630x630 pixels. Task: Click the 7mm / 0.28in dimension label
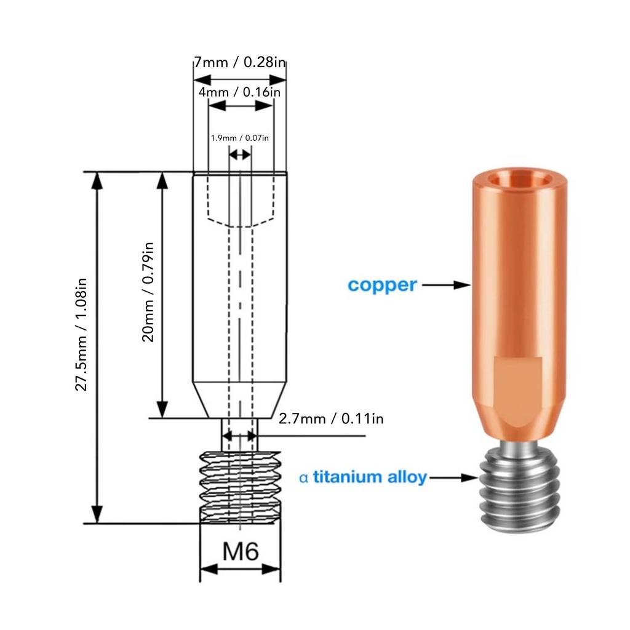240,63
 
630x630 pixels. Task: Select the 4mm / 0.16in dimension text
240,92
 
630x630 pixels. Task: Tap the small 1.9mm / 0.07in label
240,138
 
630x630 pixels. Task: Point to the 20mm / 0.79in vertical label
148,293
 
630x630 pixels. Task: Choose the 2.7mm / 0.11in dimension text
331,419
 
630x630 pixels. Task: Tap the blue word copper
382,285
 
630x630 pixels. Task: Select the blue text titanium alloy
370,477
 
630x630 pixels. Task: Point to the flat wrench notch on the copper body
518,381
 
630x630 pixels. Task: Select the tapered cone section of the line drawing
240,400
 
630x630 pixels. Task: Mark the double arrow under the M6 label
240,570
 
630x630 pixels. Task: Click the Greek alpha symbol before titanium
303,477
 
